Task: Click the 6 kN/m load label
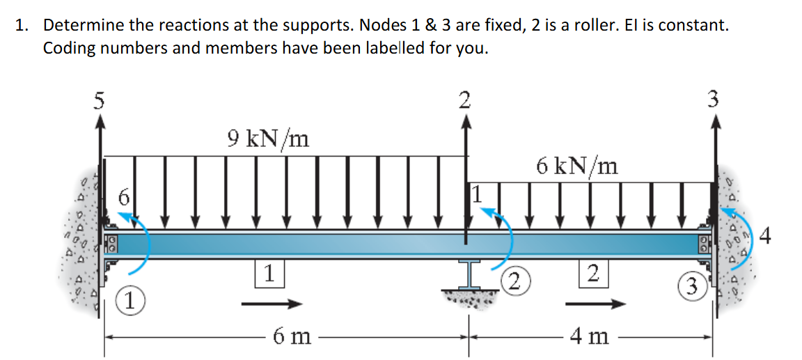pyautogui.click(x=577, y=166)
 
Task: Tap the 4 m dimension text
pyautogui.click(x=588, y=337)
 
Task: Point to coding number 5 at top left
pyautogui.click(x=100, y=101)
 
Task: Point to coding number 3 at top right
pyautogui.click(x=711, y=100)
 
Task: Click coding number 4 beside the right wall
pyautogui.click(x=766, y=237)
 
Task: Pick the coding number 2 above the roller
pyautogui.click(x=465, y=100)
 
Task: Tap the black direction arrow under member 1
pyautogui.click(x=272, y=304)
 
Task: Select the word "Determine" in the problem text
pyautogui.click(x=84, y=26)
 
